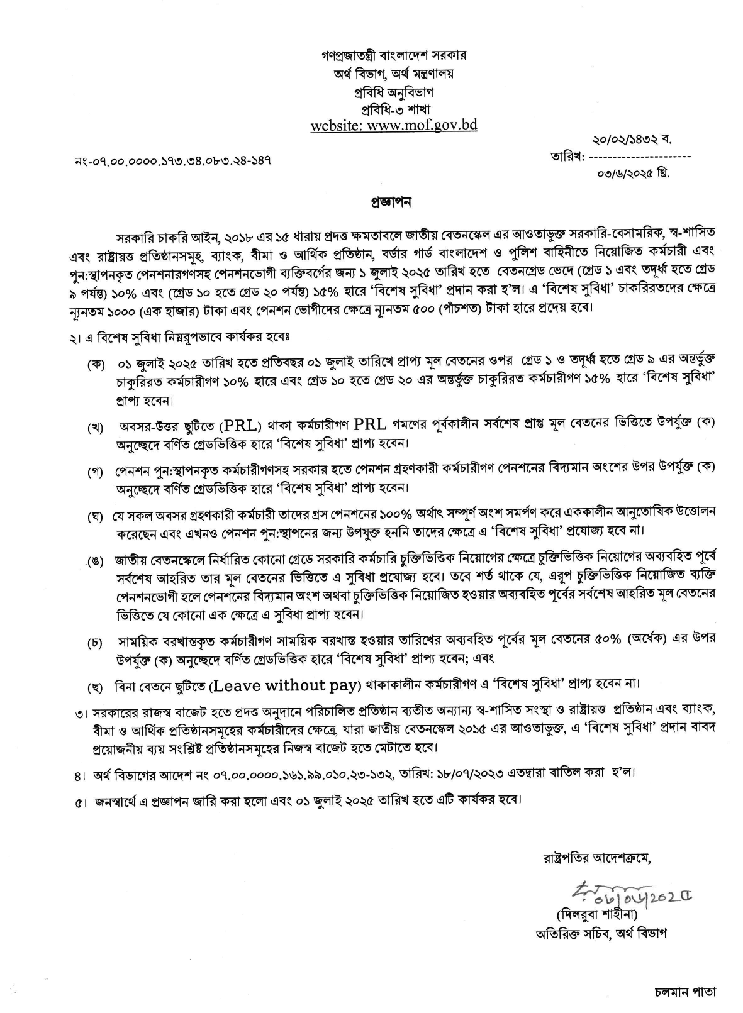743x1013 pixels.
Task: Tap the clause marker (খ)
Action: [96, 428]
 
